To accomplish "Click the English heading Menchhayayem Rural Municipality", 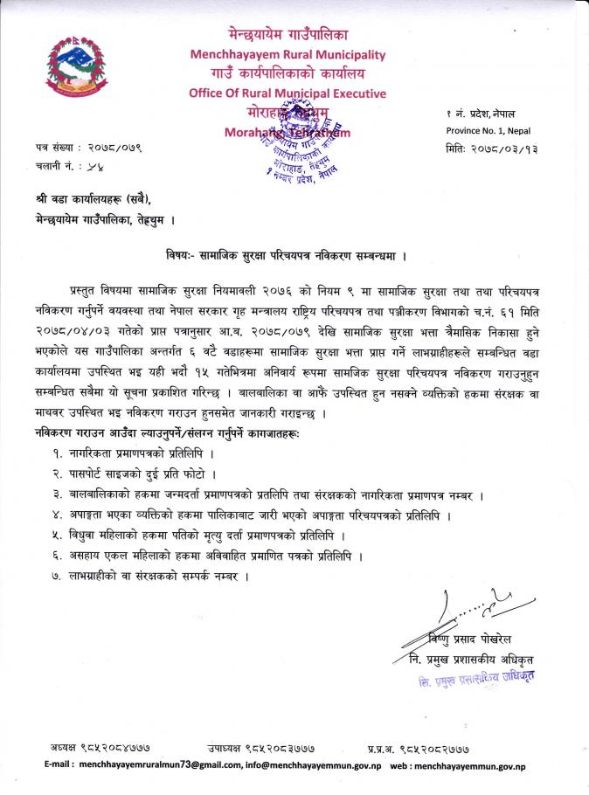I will [288, 54].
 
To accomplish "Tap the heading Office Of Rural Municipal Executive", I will [288, 93].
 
